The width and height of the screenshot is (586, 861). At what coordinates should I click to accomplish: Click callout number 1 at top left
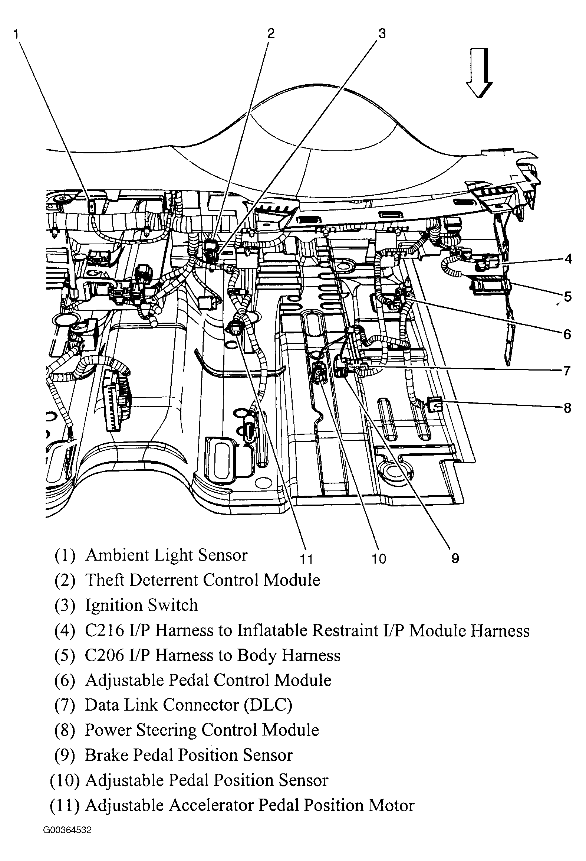coord(16,35)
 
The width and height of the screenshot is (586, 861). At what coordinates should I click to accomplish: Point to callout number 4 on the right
coord(568,259)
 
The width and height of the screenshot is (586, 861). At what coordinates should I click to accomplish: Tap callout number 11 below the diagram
coord(307,559)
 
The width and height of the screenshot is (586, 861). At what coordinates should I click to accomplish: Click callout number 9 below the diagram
coord(455,558)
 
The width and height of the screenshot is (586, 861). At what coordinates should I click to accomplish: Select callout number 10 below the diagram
coord(379,558)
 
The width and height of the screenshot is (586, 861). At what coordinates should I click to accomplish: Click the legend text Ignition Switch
coord(141,605)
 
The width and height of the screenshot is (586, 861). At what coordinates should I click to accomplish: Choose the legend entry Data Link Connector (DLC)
coord(188,705)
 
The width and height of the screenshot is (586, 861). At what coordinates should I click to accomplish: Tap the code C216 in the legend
coord(104,630)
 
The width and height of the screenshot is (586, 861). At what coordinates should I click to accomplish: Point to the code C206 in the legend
coord(104,655)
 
